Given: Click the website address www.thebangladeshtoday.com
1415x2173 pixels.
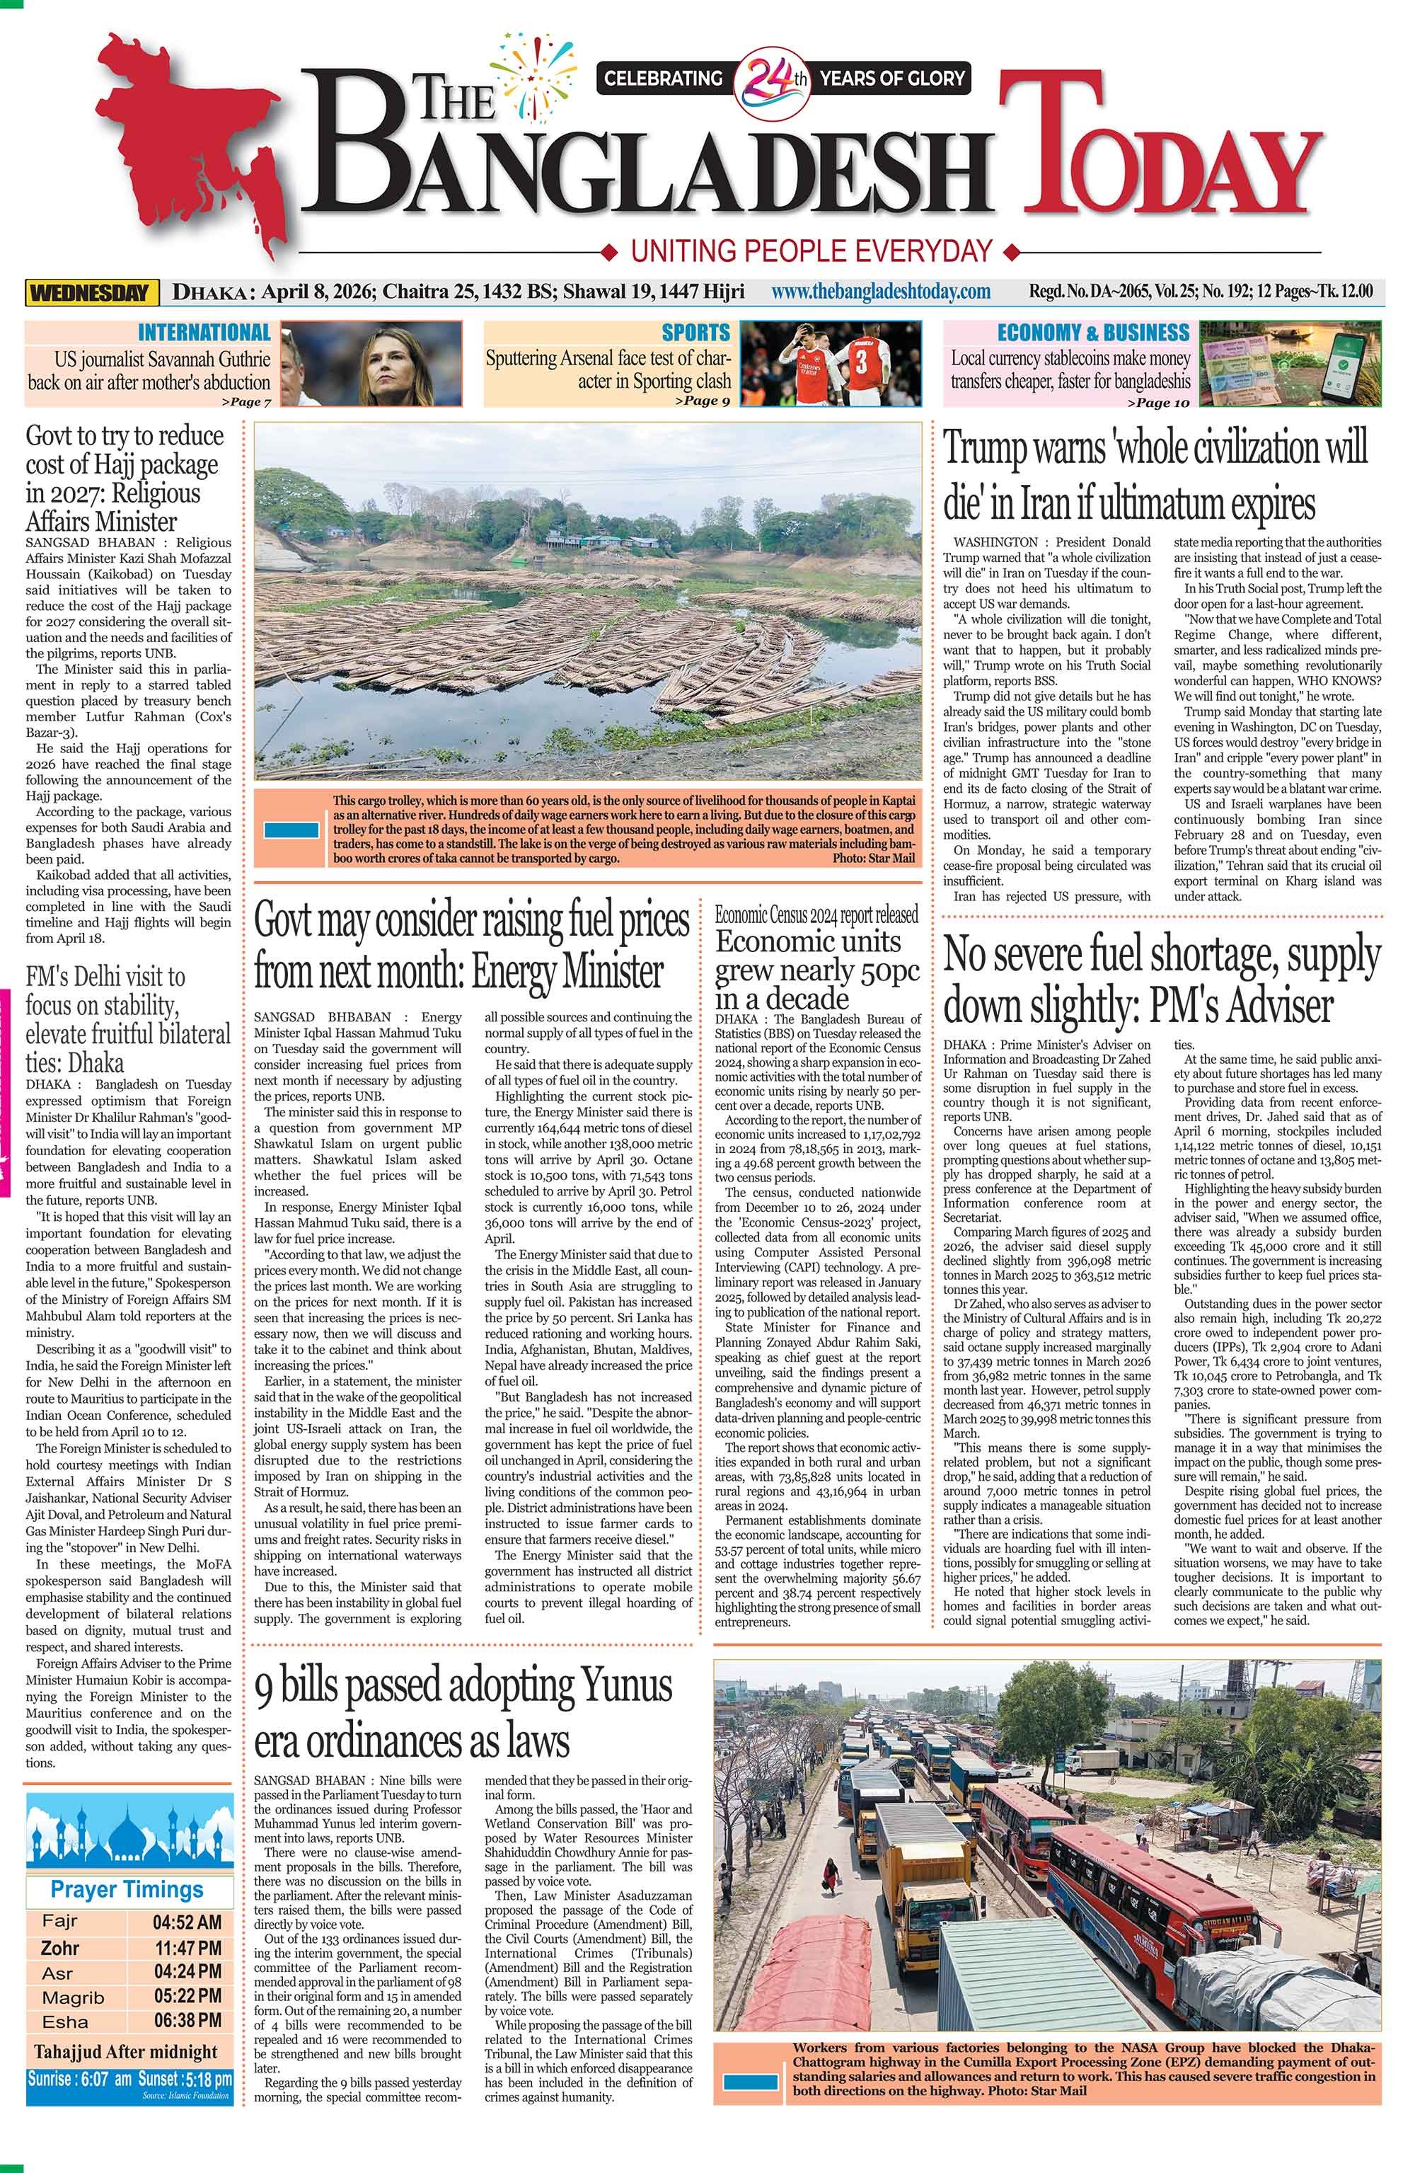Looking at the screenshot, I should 880,291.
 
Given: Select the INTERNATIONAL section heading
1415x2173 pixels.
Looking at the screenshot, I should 204,333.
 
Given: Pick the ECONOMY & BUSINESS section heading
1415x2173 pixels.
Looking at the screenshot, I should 1093,333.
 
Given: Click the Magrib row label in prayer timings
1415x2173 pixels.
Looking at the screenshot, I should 73,1997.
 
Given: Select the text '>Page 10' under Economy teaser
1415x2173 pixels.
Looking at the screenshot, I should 1157,402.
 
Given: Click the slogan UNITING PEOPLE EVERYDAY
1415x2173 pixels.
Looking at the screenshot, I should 811,249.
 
